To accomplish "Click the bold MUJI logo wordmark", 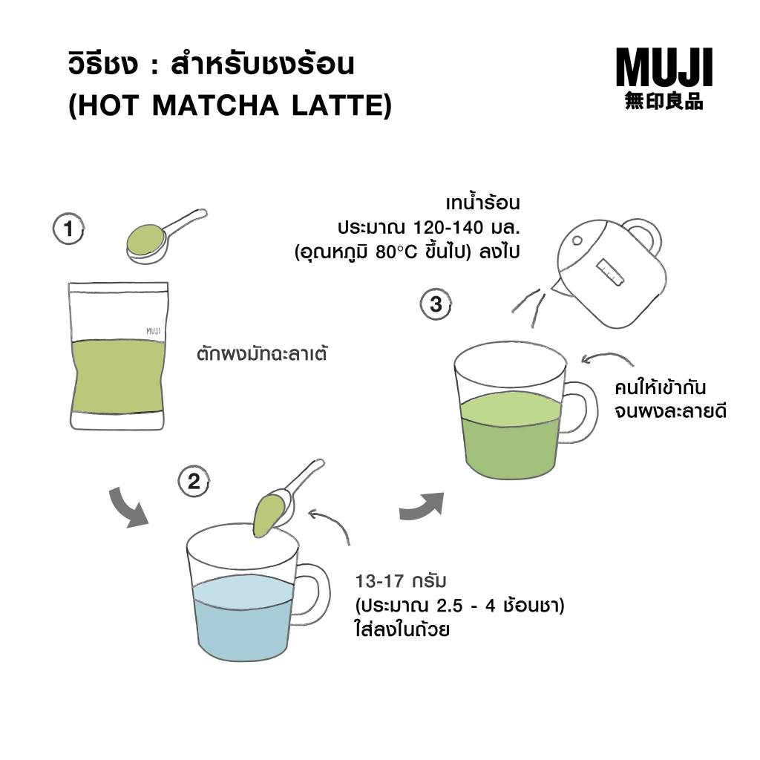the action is [664, 67].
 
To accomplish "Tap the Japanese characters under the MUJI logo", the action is [664, 101].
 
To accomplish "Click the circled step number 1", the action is [68, 229].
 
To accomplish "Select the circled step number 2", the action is [194, 481].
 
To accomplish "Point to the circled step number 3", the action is [436, 304].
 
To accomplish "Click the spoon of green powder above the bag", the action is [165, 237].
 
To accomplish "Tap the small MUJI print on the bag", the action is [153, 331].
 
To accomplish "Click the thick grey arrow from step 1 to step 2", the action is [127, 508].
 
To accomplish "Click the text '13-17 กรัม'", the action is [400, 580].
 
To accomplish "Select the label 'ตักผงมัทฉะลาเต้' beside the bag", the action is [262, 353].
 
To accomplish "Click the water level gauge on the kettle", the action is [610, 272].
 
